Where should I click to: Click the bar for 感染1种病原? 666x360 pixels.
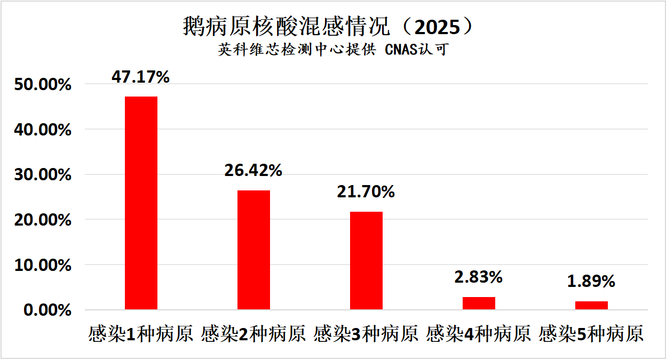(141, 203)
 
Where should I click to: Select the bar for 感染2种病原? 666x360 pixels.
(253, 250)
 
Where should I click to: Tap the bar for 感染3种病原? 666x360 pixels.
(366, 260)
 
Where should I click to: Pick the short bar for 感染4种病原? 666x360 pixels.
(479, 303)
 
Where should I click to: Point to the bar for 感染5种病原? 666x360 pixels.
(591, 305)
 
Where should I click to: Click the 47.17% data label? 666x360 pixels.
(140, 77)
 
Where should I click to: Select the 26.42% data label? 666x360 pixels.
(253, 171)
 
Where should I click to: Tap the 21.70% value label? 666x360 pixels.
(366, 192)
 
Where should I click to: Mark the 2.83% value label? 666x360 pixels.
(479, 277)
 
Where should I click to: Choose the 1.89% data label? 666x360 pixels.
(591, 282)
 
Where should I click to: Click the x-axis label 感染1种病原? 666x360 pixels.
(141, 334)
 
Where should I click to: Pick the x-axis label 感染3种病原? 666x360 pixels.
(366, 334)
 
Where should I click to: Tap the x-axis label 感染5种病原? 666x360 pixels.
(591, 334)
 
